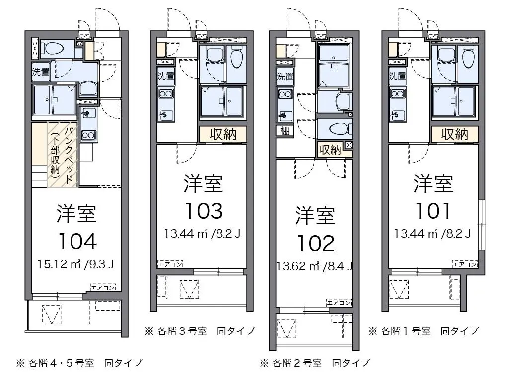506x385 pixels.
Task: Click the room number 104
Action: [x=77, y=241]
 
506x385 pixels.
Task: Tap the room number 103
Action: [x=204, y=211]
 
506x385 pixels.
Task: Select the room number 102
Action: [x=316, y=243]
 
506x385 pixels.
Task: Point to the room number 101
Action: [x=433, y=211]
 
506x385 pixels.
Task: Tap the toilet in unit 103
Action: [x=236, y=58]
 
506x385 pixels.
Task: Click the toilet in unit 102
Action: [x=340, y=129]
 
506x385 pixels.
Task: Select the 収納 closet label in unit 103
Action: [x=223, y=134]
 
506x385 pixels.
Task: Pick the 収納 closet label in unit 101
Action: [x=455, y=134]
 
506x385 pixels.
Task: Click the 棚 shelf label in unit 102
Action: [x=285, y=131]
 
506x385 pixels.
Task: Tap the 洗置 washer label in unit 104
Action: [x=41, y=72]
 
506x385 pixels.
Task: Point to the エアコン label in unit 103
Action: [x=170, y=264]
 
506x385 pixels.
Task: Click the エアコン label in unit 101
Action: [x=465, y=264]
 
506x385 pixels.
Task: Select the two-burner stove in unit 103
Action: [x=166, y=94]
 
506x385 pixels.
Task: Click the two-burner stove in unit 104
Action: [x=88, y=135]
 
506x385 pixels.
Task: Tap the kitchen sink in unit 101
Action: [x=397, y=115]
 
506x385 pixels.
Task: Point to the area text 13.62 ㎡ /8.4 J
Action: [x=314, y=266]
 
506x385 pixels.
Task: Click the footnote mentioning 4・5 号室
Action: [x=79, y=363]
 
